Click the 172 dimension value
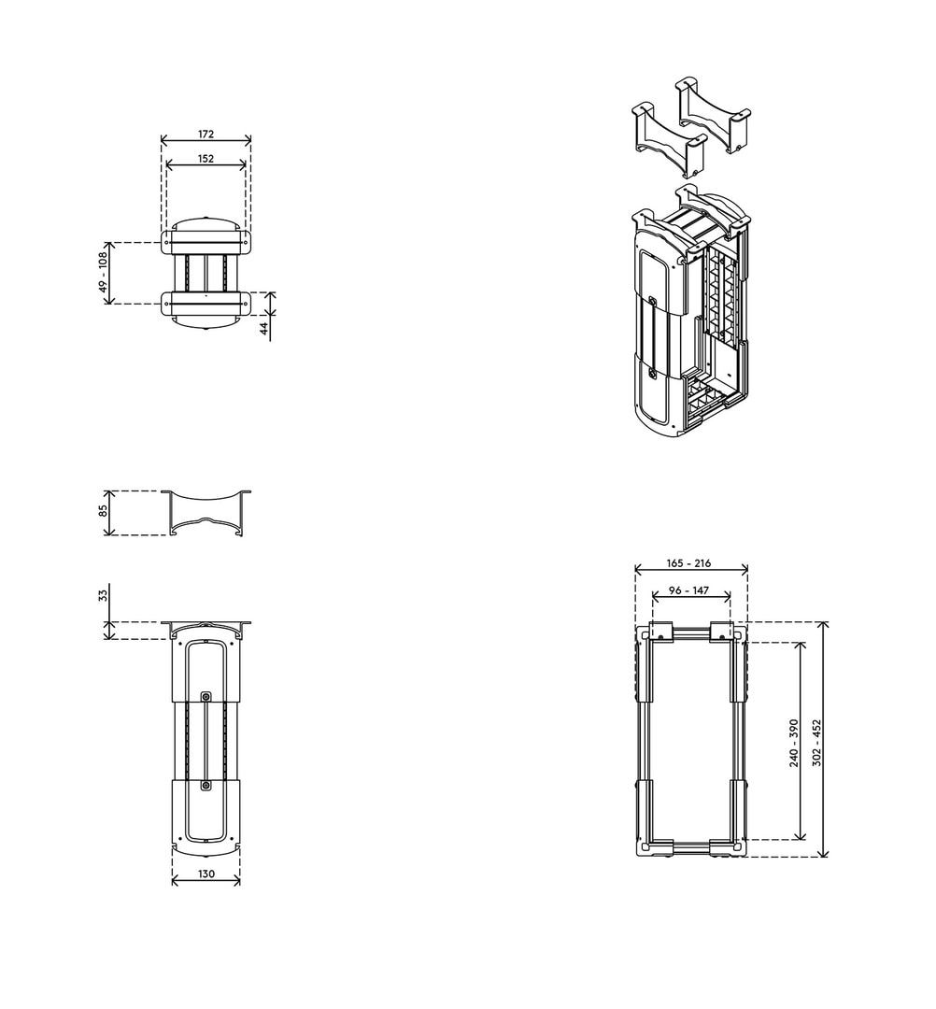pyautogui.click(x=206, y=134)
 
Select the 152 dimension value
pyautogui.click(x=206, y=158)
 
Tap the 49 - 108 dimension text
pyautogui.click(x=102, y=273)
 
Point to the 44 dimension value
pyautogui.click(x=263, y=329)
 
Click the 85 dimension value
pyautogui.click(x=102, y=512)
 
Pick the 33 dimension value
pyautogui.click(x=102, y=595)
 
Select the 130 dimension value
pyautogui.click(x=206, y=874)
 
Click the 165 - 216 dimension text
pyautogui.click(x=689, y=563)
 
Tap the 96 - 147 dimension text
pyautogui.click(x=689, y=590)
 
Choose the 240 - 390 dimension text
pyautogui.click(x=794, y=743)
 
